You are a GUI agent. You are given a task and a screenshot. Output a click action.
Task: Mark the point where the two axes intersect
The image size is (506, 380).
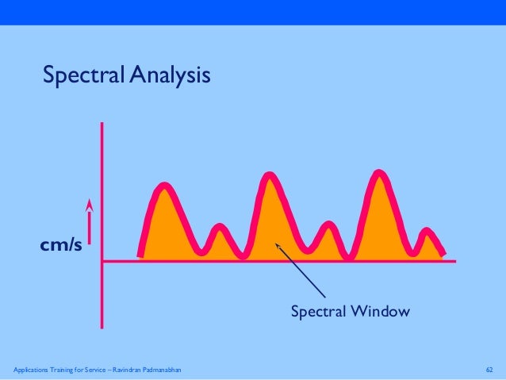[102, 259]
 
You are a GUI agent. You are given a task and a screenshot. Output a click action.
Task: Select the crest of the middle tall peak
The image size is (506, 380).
[270, 175]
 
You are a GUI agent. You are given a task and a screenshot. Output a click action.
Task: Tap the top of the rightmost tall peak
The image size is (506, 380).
[379, 174]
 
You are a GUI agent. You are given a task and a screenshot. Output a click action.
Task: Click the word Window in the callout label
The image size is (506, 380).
[384, 312]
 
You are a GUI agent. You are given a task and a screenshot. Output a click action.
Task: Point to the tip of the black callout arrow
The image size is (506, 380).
[275, 244]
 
